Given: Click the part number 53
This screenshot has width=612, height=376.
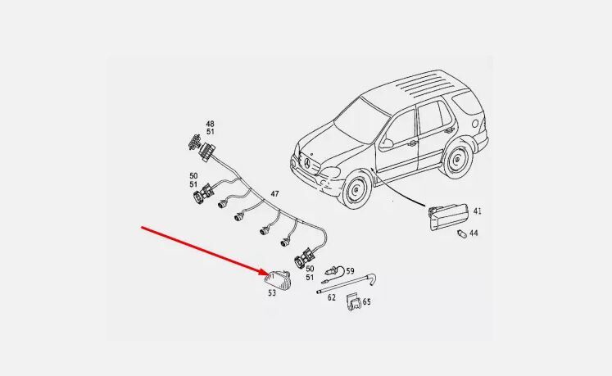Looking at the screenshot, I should pyautogui.click(x=271, y=292).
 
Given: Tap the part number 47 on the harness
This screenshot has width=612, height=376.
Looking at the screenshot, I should pyautogui.click(x=274, y=194).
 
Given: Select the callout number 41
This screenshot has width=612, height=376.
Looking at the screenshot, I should pyautogui.click(x=477, y=211).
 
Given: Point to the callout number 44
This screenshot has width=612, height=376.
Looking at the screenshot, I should pyautogui.click(x=474, y=233).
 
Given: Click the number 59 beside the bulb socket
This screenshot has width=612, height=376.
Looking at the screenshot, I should pyautogui.click(x=350, y=270).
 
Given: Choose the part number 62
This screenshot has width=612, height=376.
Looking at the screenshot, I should pyautogui.click(x=332, y=297).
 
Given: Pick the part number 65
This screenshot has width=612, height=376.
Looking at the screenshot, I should pyautogui.click(x=366, y=302).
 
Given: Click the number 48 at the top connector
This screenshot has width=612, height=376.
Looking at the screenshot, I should pyautogui.click(x=211, y=124).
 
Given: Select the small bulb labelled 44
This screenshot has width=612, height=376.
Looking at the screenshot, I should pyautogui.click(x=461, y=233).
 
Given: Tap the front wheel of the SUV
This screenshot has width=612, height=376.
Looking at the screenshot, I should pyautogui.click(x=356, y=194).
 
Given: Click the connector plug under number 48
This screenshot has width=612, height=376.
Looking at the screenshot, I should pyautogui.click(x=195, y=142).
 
